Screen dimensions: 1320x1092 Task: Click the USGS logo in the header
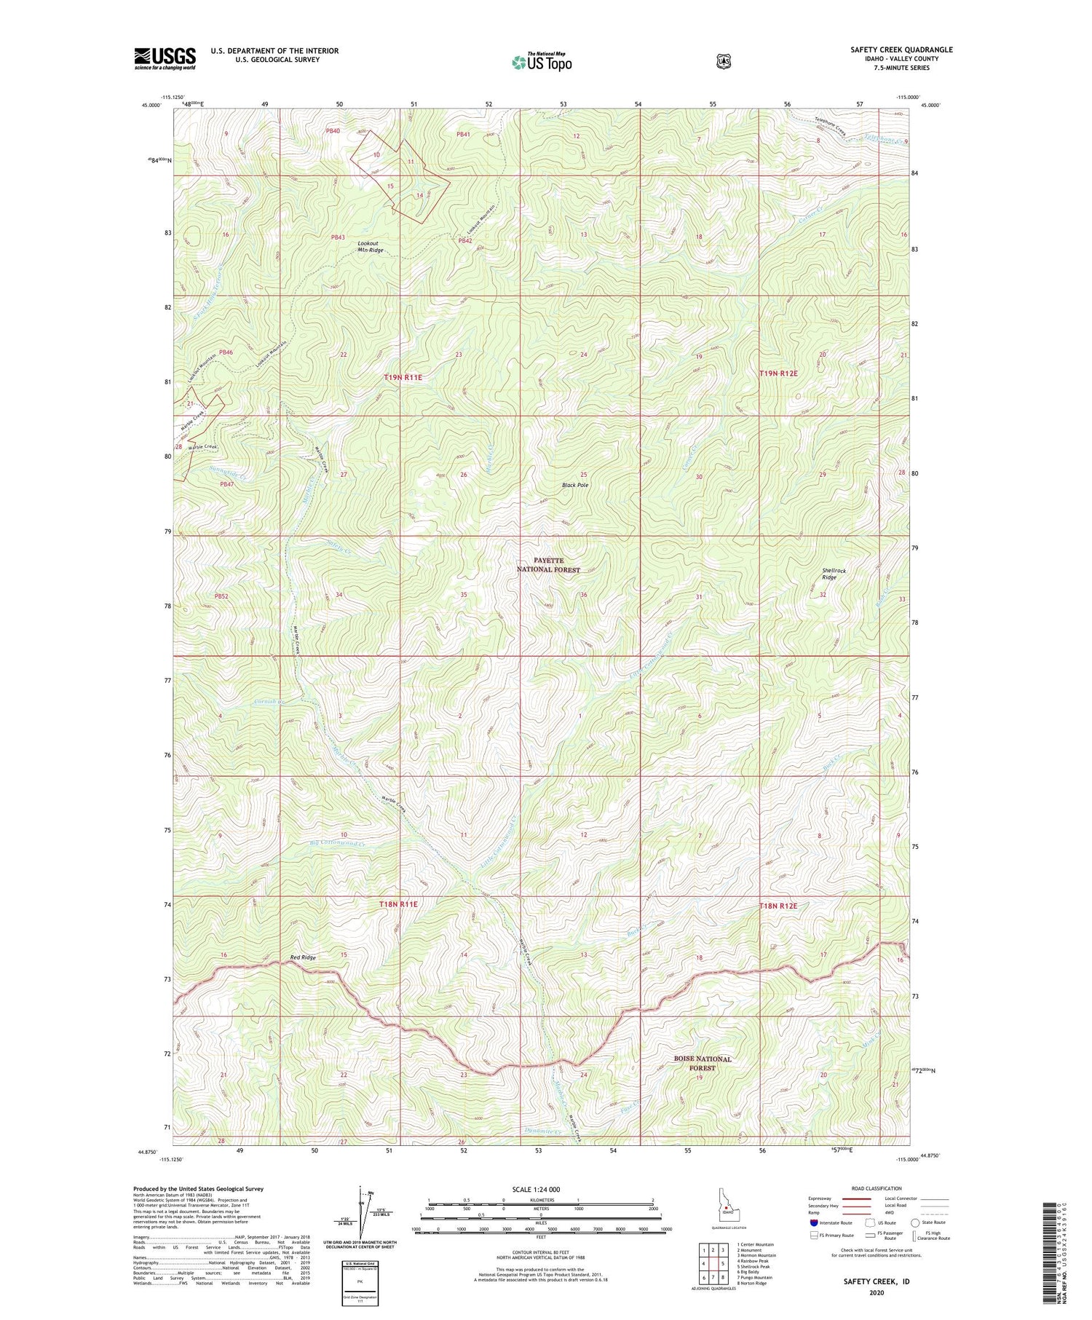pyautogui.click(x=165, y=58)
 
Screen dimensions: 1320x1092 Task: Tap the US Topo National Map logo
pyautogui.click(x=541, y=62)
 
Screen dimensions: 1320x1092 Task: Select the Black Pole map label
pyautogui.click(x=575, y=485)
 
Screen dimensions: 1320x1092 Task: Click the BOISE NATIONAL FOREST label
pyautogui.click(x=703, y=1063)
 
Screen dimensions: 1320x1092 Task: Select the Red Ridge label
pyautogui.click(x=303, y=957)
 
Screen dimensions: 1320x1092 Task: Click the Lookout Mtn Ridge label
pyautogui.click(x=371, y=246)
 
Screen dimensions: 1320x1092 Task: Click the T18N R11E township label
pyautogui.click(x=398, y=904)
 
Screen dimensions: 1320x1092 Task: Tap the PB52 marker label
pyautogui.click(x=221, y=596)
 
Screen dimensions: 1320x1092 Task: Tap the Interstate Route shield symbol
pyautogui.click(x=813, y=1222)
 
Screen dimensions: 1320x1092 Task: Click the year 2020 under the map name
pyautogui.click(x=876, y=1293)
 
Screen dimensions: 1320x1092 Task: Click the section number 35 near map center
pyautogui.click(x=463, y=595)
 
